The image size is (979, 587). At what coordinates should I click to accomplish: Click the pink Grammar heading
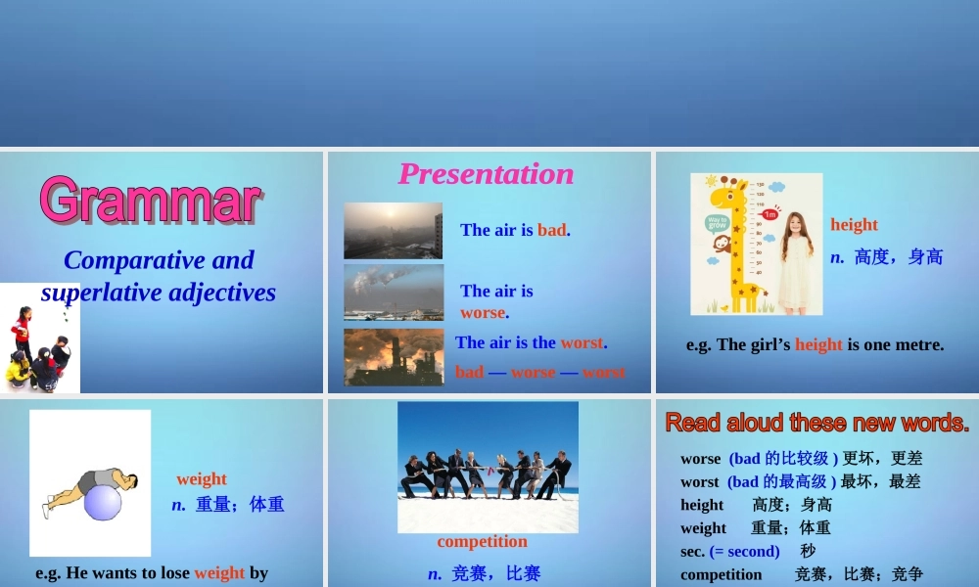pyautogui.click(x=151, y=201)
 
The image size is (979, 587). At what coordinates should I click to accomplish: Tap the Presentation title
pyautogui.click(x=486, y=174)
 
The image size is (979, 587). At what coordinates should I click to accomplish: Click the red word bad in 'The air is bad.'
pyautogui.click(x=551, y=230)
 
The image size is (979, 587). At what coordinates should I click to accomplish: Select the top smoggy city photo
pyautogui.click(x=393, y=230)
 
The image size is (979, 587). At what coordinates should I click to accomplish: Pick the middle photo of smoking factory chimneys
pyautogui.click(x=393, y=292)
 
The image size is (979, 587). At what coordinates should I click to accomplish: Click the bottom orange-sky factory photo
pyautogui.click(x=393, y=356)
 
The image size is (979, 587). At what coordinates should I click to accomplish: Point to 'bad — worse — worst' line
pyautogui.click(x=539, y=372)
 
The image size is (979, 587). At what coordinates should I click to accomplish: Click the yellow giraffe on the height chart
pyautogui.click(x=738, y=245)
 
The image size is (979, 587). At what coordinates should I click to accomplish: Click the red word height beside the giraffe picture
pyautogui.click(x=854, y=225)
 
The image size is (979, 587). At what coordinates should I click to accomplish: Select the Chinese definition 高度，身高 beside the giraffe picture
pyautogui.click(x=898, y=257)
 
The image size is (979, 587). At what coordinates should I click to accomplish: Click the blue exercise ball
pyautogui.click(x=103, y=502)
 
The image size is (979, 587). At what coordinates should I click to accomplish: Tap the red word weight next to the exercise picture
pyautogui.click(x=202, y=479)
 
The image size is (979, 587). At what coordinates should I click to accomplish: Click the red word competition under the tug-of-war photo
pyautogui.click(x=482, y=542)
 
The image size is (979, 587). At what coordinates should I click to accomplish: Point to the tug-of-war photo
pyautogui.click(x=488, y=467)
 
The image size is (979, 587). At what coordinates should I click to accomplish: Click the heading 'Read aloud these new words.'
pyautogui.click(x=816, y=423)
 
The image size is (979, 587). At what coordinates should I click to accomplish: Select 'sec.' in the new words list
pyautogui.click(x=692, y=551)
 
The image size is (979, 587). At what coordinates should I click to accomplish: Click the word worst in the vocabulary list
pyautogui.click(x=700, y=481)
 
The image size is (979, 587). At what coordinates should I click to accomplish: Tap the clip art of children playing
pyautogui.click(x=39, y=338)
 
